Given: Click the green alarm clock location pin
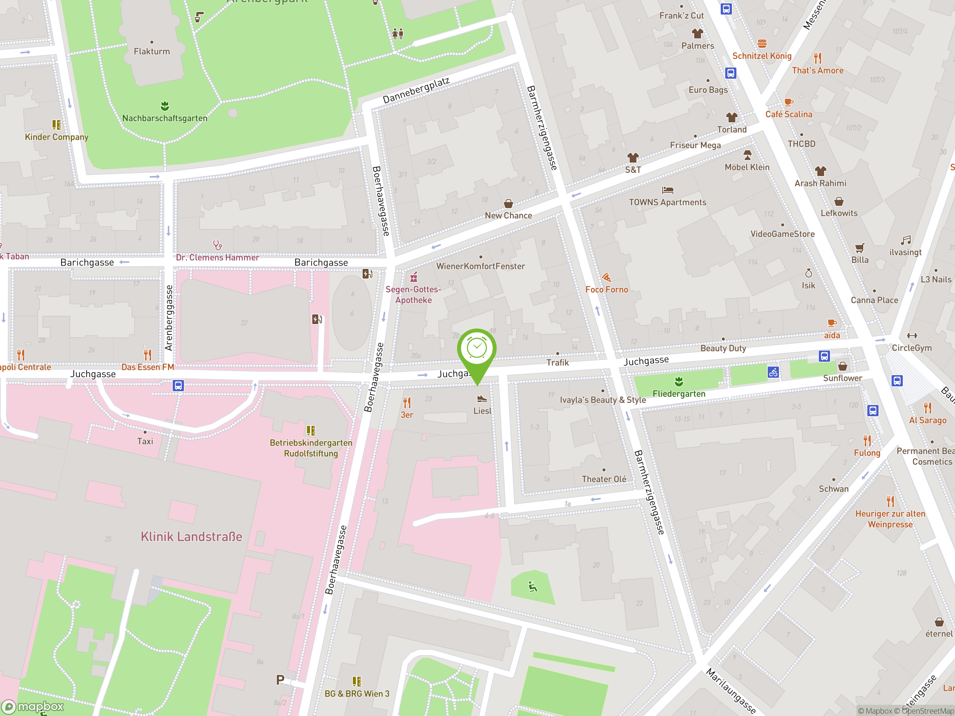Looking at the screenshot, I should tap(477, 349).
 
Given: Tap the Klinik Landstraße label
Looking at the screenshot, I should tap(191, 537).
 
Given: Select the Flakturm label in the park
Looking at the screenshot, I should tap(151, 51).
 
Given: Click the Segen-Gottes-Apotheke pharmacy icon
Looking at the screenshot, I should tap(414, 277).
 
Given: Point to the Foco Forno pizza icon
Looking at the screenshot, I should tap(606, 277).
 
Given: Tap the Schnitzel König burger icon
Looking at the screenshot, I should tap(762, 44).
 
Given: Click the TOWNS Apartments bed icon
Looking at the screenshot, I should tap(667, 190).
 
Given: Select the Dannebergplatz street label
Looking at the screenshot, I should tap(416, 90).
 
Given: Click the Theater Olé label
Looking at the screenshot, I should tap(604, 479).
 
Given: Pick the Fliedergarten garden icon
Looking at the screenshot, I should tap(679, 381).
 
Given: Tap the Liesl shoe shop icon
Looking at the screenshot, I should tap(482, 399).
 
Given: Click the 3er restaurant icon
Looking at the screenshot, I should tap(407, 403).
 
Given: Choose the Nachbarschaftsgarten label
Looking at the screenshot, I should tap(165, 118).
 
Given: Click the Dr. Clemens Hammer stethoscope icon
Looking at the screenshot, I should tap(217, 245).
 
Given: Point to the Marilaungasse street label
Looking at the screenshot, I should tap(730, 691).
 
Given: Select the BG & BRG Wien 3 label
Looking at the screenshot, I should tap(357, 694).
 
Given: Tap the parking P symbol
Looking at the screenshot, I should tap(280, 680).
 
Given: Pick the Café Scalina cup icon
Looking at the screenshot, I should tap(789, 102).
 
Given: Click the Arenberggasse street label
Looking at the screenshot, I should tap(169, 318).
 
